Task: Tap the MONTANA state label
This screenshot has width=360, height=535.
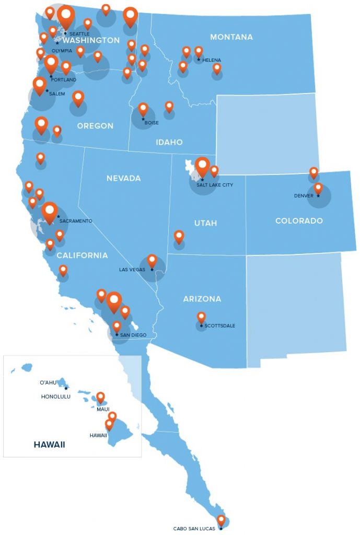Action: [x=231, y=37]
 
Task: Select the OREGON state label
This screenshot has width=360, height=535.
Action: [x=95, y=126]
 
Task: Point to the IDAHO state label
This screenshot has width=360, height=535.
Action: [x=169, y=142]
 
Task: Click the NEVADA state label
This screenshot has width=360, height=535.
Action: [x=123, y=178]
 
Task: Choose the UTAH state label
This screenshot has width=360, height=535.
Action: [x=205, y=223]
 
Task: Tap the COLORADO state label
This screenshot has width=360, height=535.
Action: [x=299, y=221]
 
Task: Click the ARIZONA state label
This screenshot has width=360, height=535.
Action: [x=202, y=299]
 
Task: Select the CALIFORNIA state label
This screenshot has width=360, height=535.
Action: [x=82, y=255]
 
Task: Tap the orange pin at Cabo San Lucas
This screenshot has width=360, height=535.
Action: [x=221, y=520]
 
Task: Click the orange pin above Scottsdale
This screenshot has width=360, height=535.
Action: [x=201, y=317]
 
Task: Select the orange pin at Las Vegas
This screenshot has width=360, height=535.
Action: [x=152, y=260]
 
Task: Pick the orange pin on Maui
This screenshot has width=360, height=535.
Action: [x=101, y=398]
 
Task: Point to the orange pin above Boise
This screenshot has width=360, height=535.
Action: [x=143, y=109]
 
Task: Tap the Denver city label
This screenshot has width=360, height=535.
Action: [x=304, y=196]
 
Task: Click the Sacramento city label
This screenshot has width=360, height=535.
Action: [x=76, y=221]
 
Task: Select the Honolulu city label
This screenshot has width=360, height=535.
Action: [x=55, y=397]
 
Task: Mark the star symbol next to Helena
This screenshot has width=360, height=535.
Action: [x=199, y=59]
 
